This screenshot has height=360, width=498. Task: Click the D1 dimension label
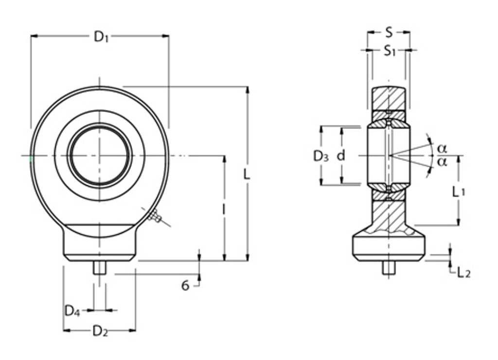click(101, 36)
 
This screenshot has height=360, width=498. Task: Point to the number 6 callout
click(185, 286)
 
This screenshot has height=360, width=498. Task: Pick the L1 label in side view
click(458, 192)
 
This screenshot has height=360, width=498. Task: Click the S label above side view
click(389, 33)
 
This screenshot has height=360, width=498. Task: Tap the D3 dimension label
click(320, 156)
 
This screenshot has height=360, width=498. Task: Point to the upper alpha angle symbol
click(442, 147)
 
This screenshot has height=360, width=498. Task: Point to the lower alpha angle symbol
click(442, 162)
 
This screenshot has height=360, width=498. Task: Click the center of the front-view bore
click(100, 156)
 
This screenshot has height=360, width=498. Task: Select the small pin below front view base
click(100, 268)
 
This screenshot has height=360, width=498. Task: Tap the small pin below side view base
click(388, 268)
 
